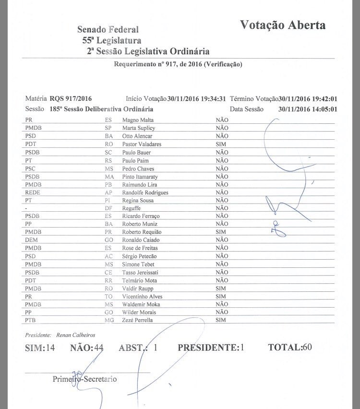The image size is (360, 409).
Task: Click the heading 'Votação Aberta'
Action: [283, 25]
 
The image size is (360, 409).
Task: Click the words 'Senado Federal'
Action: [108, 30]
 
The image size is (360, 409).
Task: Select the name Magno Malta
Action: [139, 120]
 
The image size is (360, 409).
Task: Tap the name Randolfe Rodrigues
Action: [145, 192]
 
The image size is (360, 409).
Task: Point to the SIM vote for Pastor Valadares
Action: [221, 144]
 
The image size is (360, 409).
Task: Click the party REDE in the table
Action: [33, 192]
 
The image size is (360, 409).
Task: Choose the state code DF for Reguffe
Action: [108, 208]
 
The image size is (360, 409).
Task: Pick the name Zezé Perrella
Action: [138, 320]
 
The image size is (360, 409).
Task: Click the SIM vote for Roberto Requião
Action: [221, 232]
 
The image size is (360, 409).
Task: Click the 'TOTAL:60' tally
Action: [290, 347]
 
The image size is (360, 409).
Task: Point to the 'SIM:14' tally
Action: [40, 348]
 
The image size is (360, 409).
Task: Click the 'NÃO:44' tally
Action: [87, 348]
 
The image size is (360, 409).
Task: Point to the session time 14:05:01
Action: [323, 109]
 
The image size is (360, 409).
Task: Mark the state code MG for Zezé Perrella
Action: [109, 320]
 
